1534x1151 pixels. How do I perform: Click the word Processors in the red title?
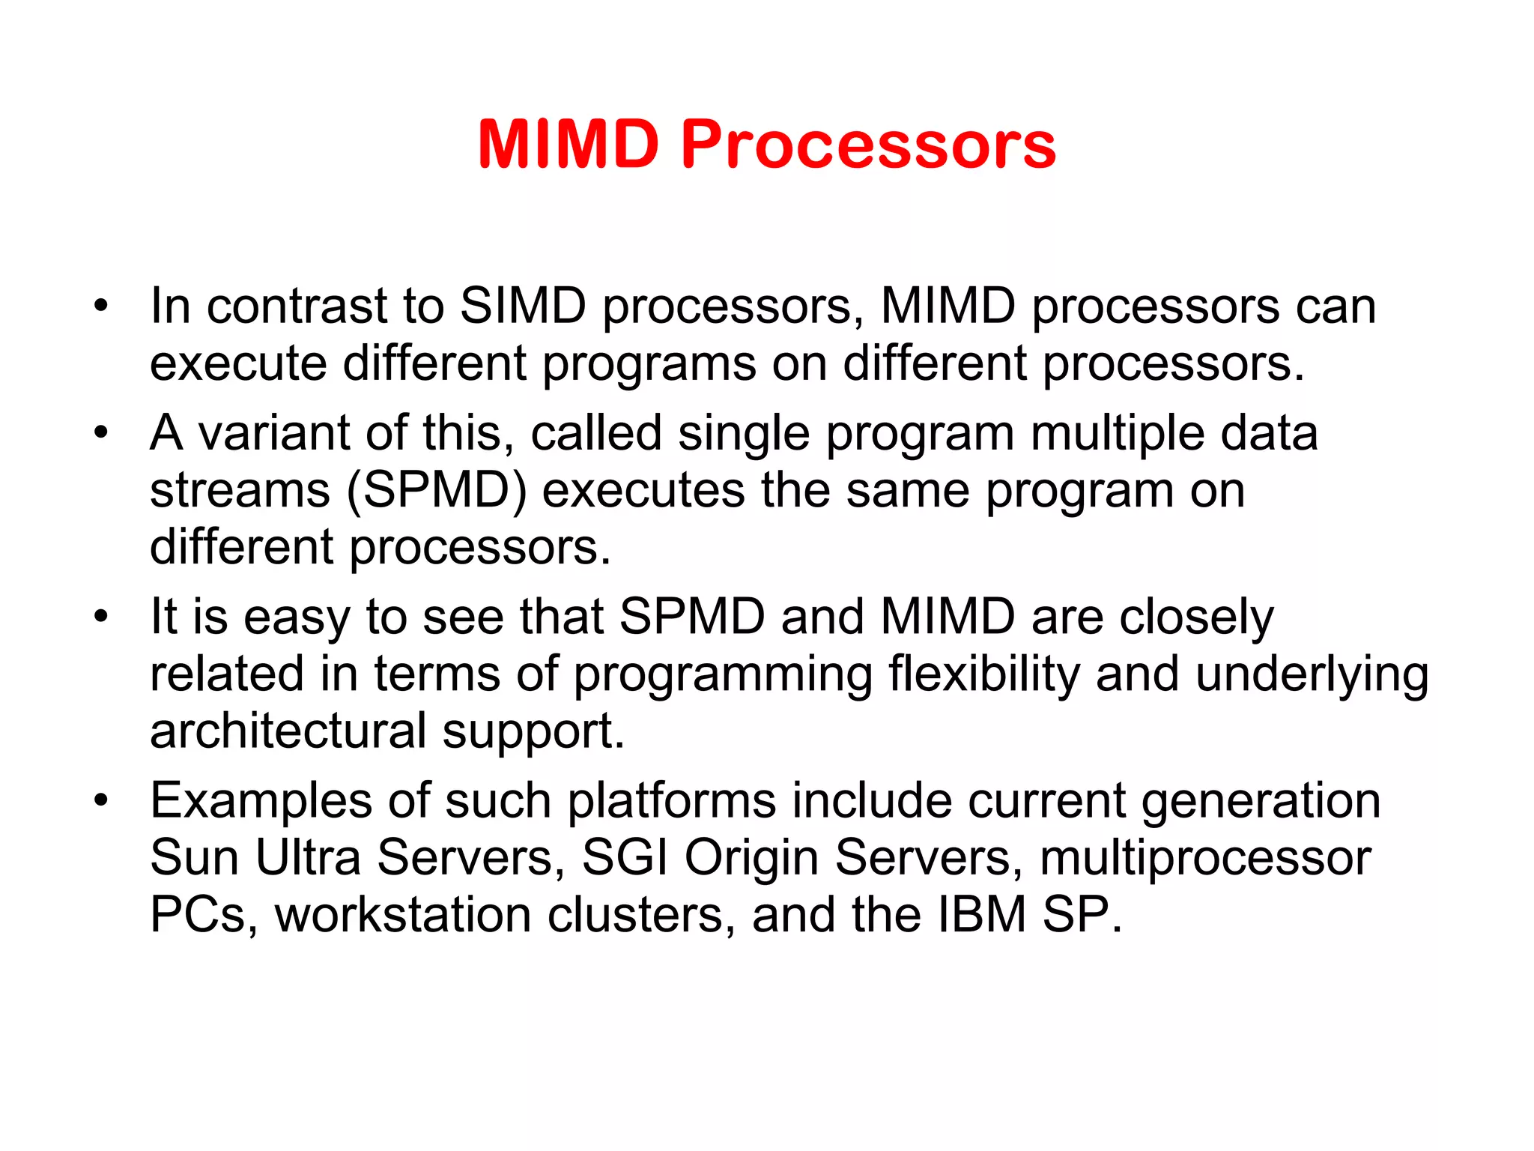pos(868,144)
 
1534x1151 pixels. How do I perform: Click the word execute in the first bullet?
pos(238,363)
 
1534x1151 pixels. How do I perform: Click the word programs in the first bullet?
pos(649,365)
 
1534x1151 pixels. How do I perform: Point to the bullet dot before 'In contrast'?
pos(101,306)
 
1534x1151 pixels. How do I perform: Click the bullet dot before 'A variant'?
pos(101,433)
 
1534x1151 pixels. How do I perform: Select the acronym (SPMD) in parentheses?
pos(437,491)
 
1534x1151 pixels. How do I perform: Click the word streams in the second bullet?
pos(240,491)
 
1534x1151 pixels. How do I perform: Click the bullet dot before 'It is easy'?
pos(101,617)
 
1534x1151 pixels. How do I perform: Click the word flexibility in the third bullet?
pos(983,674)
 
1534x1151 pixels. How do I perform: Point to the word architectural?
pos(288,731)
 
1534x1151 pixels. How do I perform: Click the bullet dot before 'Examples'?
pos(101,800)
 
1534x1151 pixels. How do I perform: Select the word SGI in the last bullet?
pos(625,857)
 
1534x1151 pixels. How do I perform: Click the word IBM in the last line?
pos(981,915)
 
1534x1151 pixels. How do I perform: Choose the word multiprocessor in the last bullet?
pos(1205,859)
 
